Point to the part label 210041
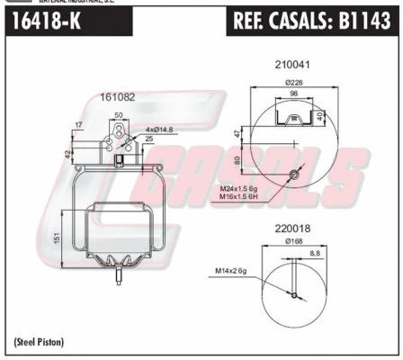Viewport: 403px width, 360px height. pos(291,65)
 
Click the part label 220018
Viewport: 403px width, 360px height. pos(291,229)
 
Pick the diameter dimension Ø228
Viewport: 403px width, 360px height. pos(290,83)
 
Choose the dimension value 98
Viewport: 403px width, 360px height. pos(291,94)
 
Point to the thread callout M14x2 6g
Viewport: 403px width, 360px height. pos(231,270)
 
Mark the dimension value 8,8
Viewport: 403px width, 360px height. pos(312,254)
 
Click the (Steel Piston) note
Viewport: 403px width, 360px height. pos(40,341)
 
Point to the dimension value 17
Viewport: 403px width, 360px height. pos(80,124)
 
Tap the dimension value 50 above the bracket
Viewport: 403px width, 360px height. pos(119,115)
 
